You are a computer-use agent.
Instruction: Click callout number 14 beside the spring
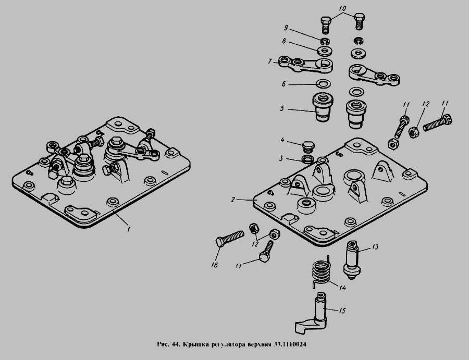click(343, 288)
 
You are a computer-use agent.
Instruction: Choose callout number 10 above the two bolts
click(342, 9)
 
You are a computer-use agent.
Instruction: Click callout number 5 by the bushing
click(281, 109)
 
